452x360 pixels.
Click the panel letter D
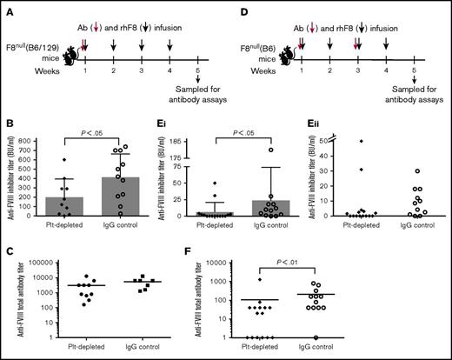(x=234, y=9)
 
